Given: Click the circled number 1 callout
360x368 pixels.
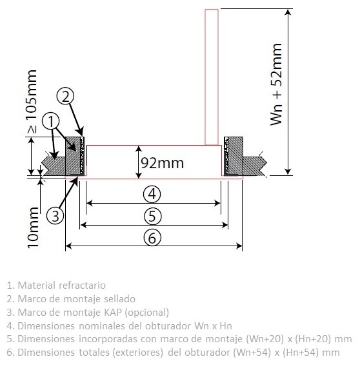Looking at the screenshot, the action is point(51,122).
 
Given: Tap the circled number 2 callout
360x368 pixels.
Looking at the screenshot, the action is point(66,96).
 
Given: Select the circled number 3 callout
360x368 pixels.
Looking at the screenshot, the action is point(55,216).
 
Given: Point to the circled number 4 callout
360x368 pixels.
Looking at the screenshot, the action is point(152,195).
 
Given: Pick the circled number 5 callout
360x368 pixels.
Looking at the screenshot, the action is point(152,216).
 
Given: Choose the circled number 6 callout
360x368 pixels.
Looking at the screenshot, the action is point(152,238).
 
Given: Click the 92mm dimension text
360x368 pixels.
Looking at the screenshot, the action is point(163,163).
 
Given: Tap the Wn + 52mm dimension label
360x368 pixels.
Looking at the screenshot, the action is point(276,84).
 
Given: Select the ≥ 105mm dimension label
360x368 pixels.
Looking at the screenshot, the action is point(32,101).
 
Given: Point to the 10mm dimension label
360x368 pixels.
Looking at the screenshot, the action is point(33,228).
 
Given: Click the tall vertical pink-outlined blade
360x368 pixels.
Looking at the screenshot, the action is point(212,77).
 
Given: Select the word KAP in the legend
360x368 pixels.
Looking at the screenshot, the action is point(113,313).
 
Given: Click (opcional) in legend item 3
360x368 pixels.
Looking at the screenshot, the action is point(147,313).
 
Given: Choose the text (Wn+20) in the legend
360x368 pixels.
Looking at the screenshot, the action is point(265,339).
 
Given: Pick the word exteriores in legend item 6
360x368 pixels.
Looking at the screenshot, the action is point(138,353).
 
